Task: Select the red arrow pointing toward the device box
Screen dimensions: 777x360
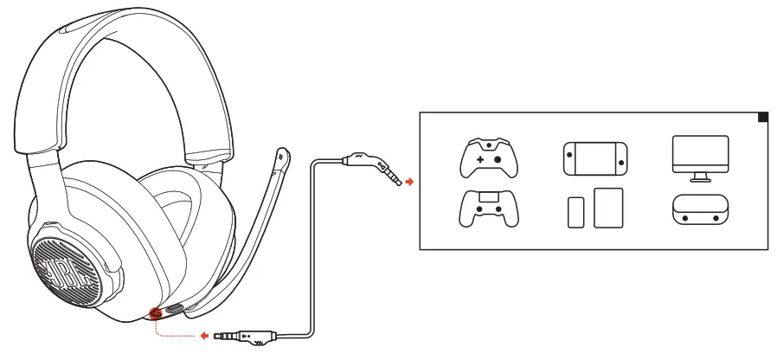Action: pyautogui.click(x=409, y=183)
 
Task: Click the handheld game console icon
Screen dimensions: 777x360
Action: pyautogui.click(x=593, y=157)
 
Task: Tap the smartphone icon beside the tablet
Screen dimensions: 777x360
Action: pyautogui.click(x=576, y=212)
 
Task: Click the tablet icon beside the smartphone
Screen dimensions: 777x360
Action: pyautogui.click(x=608, y=208)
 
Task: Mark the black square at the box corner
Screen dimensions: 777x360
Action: pyautogui.click(x=762, y=117)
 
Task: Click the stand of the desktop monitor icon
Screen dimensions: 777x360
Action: pyautogui.click(x=700, y=177)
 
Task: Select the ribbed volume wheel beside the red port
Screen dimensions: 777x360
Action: pyautogui.click(x=173, y=309)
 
